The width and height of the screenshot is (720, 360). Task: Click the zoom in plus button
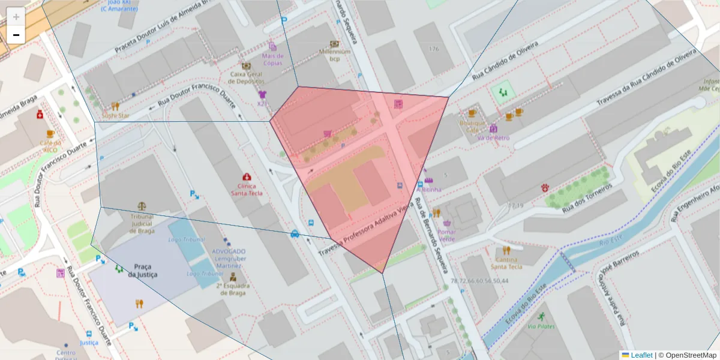16,17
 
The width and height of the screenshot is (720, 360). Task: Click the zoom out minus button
16,35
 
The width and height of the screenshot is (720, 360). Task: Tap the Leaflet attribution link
641,355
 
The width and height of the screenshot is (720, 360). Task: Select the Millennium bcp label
334,55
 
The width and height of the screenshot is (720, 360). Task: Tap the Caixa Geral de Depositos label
246,77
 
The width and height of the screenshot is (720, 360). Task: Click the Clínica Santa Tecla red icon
247,177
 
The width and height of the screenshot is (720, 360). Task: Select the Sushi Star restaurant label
115,115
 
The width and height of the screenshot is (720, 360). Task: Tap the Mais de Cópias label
272,59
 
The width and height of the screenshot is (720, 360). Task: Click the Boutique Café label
472,126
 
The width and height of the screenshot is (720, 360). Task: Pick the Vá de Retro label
493,137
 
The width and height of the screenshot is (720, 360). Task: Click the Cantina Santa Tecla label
506,263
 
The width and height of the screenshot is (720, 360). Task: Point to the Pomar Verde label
446,235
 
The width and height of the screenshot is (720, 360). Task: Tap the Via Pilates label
541,326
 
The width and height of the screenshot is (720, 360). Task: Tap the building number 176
434,48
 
